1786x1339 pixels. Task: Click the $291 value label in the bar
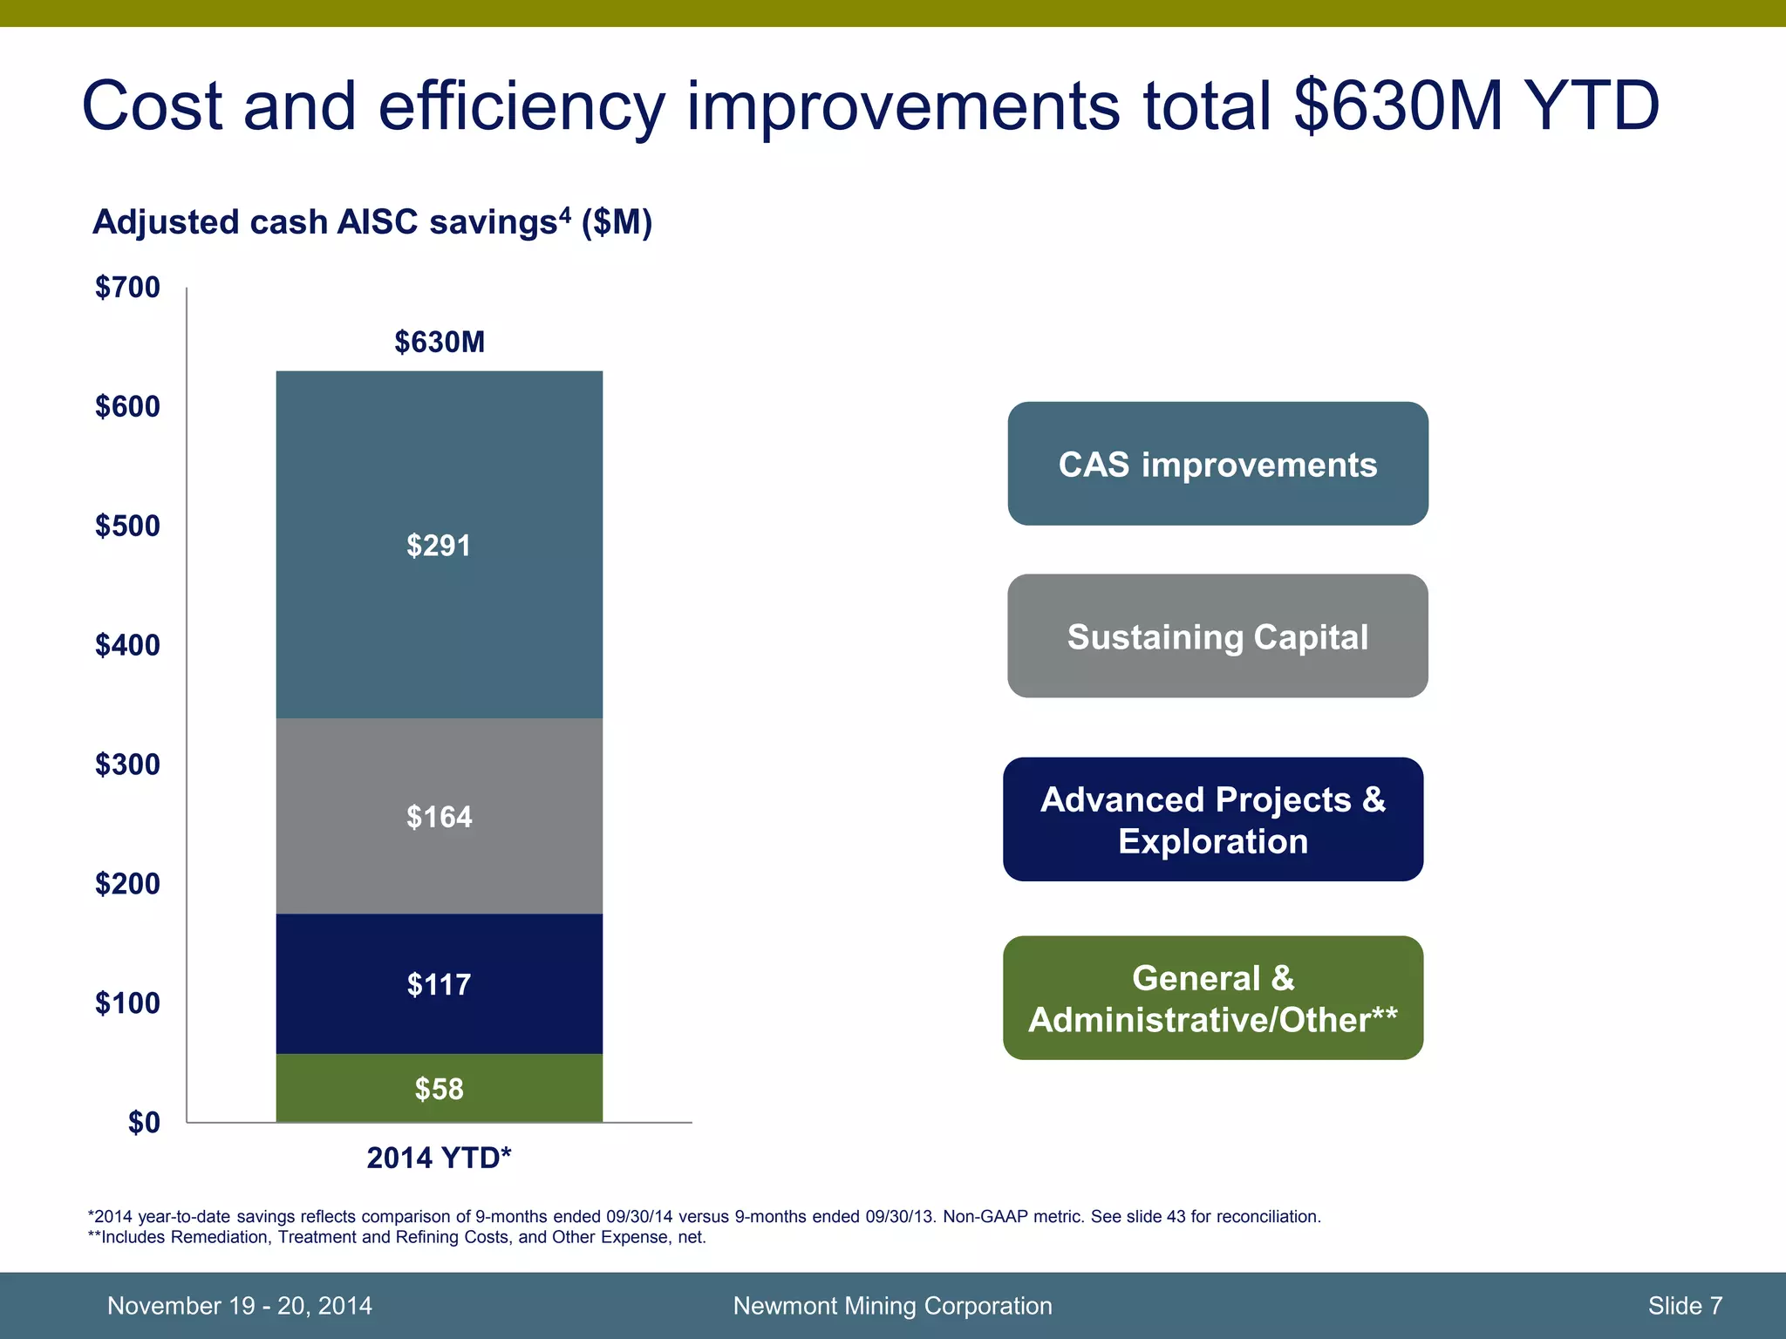439,546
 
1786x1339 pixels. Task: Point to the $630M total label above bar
439,342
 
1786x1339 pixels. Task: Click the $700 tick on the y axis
127,287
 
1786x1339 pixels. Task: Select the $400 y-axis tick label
127,645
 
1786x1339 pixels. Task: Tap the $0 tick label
144,1123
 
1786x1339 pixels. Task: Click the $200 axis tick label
127,884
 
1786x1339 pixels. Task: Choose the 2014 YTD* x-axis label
439,1158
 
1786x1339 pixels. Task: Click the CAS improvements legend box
1217,464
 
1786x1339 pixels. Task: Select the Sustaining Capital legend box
1217,636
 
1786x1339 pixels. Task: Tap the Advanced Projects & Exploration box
1213,819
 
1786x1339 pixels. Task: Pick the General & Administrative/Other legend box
1213,998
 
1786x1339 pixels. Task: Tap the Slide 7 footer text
1685,1305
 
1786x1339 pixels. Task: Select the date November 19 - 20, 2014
239,1305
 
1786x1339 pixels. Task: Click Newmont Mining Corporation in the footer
892,1305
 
